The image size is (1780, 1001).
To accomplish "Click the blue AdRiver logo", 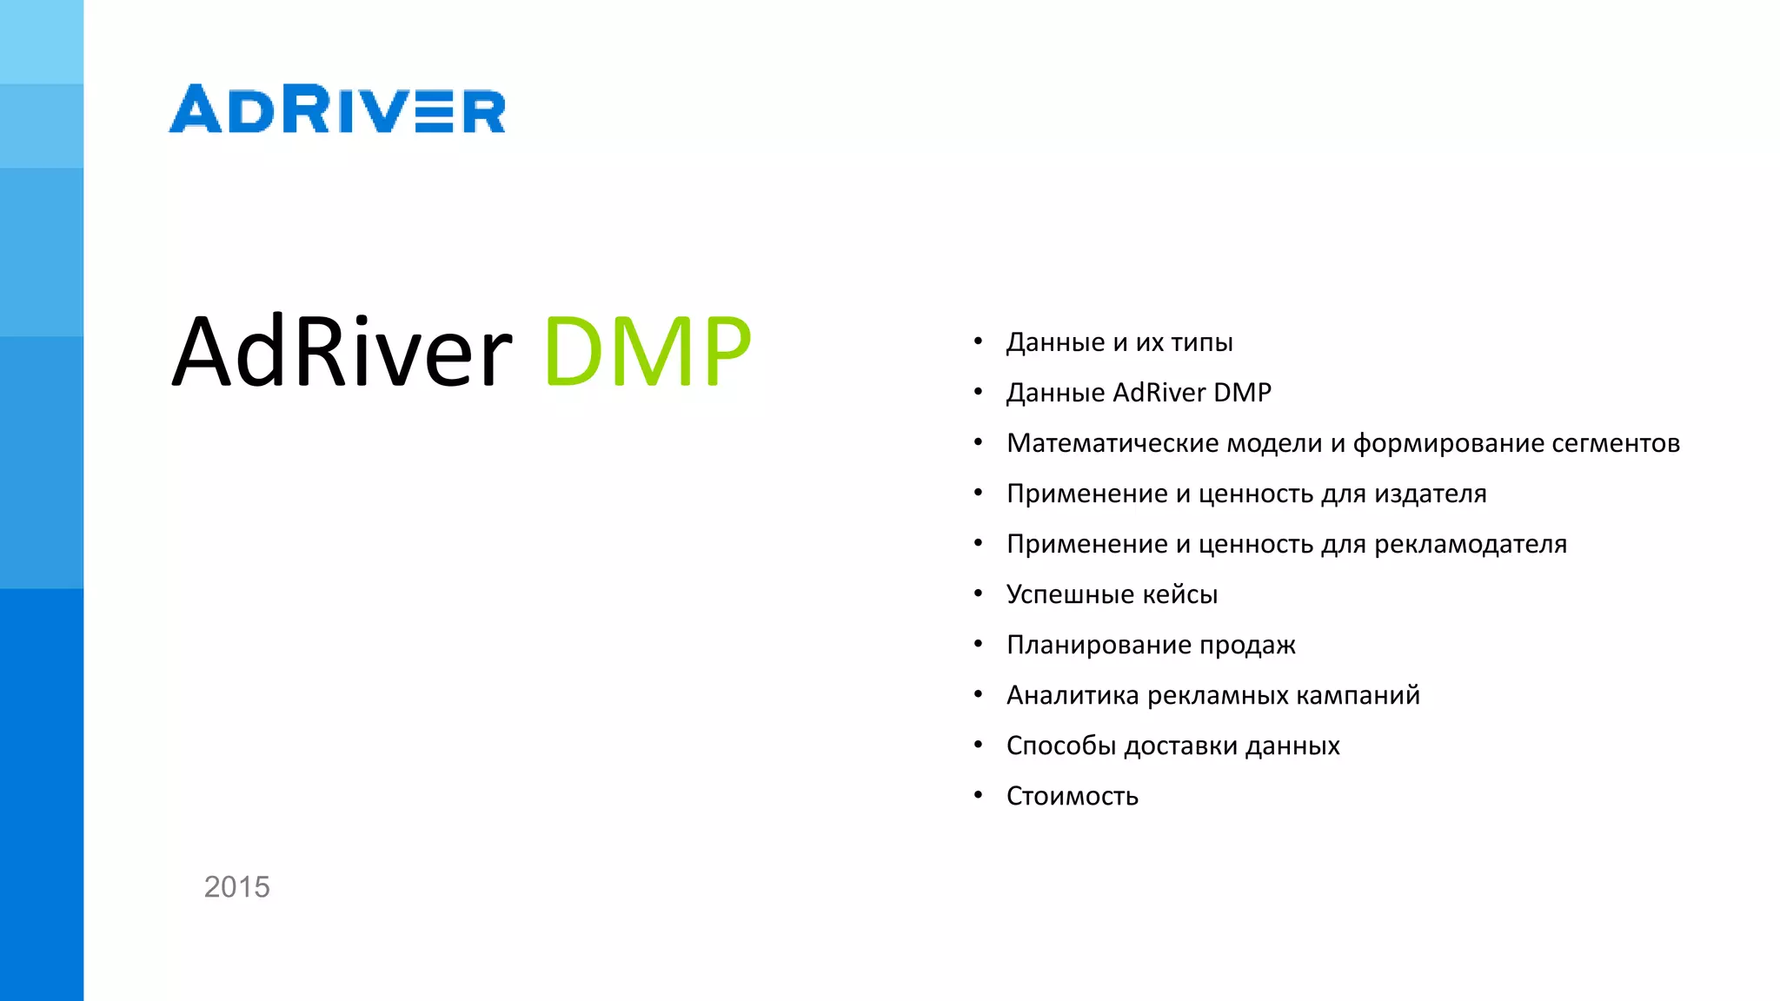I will tap(337, 109).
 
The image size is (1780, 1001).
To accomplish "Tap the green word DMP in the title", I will tap(648, 351).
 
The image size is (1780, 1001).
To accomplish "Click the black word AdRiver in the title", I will tap(342, 351).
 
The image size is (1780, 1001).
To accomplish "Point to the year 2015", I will tap(236, 887).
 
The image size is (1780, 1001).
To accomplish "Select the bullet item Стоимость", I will tap(1072, 796).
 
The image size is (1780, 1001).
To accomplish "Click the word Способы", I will tap(1061, 746).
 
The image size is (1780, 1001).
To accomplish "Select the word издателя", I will tap(1430, 494).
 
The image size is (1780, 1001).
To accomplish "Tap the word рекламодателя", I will tap(1471, 544).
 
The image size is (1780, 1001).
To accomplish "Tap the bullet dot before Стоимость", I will tap(978, 794).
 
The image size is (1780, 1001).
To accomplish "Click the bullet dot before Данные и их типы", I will tap(978, 341).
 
